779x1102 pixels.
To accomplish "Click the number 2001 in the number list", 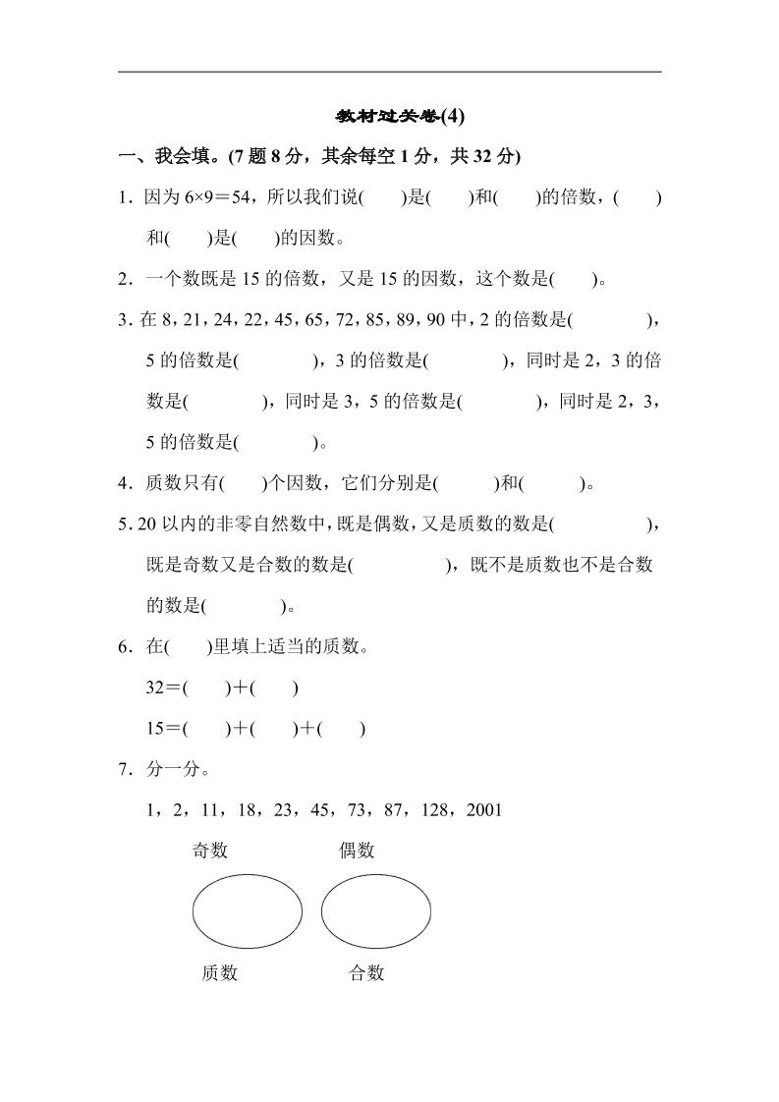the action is [x=484, y=810].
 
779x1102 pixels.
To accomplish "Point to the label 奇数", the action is [x=210, y=851].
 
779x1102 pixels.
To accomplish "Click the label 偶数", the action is [x=358, y=851].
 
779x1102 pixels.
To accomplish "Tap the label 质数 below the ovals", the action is [x=219, y=973].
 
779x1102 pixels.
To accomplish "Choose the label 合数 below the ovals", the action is [x=366, y=973].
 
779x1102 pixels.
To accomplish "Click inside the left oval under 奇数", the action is [x=247, y=912].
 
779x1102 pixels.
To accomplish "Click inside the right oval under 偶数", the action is [x=376, y=912].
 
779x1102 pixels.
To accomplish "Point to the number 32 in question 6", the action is [x=155, y=688].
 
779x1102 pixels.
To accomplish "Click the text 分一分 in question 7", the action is [x=174, y=769].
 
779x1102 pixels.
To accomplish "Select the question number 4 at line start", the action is [x=123, y=483].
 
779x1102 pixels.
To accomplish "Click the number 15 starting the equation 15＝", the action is [x=155, y=729].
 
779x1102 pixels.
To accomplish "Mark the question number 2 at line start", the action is [x=123, y=279].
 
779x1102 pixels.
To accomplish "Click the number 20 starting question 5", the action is [x=147, y=523].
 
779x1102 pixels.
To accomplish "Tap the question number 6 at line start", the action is [x=123, y=647].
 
